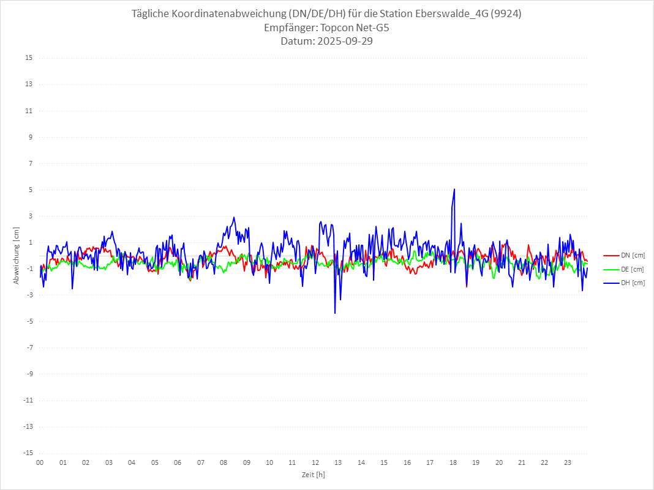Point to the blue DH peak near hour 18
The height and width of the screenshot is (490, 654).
(x=454, y=189)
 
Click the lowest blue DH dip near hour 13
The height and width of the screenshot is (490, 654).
(x=335, y=313)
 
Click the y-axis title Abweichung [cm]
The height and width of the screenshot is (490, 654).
(x=17, y=255)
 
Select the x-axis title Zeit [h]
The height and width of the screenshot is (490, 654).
(x=314, y=474)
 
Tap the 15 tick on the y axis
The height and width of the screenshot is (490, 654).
(x=29, y=58)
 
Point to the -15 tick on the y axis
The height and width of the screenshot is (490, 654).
(x=28, y=453)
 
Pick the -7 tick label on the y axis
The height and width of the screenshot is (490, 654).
(x=29, y=347)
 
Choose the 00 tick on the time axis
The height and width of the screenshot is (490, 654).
(x=40, y=462)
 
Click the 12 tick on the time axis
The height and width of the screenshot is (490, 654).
(x=315, y=462)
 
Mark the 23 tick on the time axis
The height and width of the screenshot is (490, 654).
(x=568, y=462)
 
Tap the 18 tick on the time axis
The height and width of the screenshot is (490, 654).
(x=453, y=462)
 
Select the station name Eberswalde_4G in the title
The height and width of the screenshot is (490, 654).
(x=451, y=14)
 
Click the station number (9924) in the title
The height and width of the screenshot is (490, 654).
(x=506, y=14)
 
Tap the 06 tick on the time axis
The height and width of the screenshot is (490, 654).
(x=178, y=462)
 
